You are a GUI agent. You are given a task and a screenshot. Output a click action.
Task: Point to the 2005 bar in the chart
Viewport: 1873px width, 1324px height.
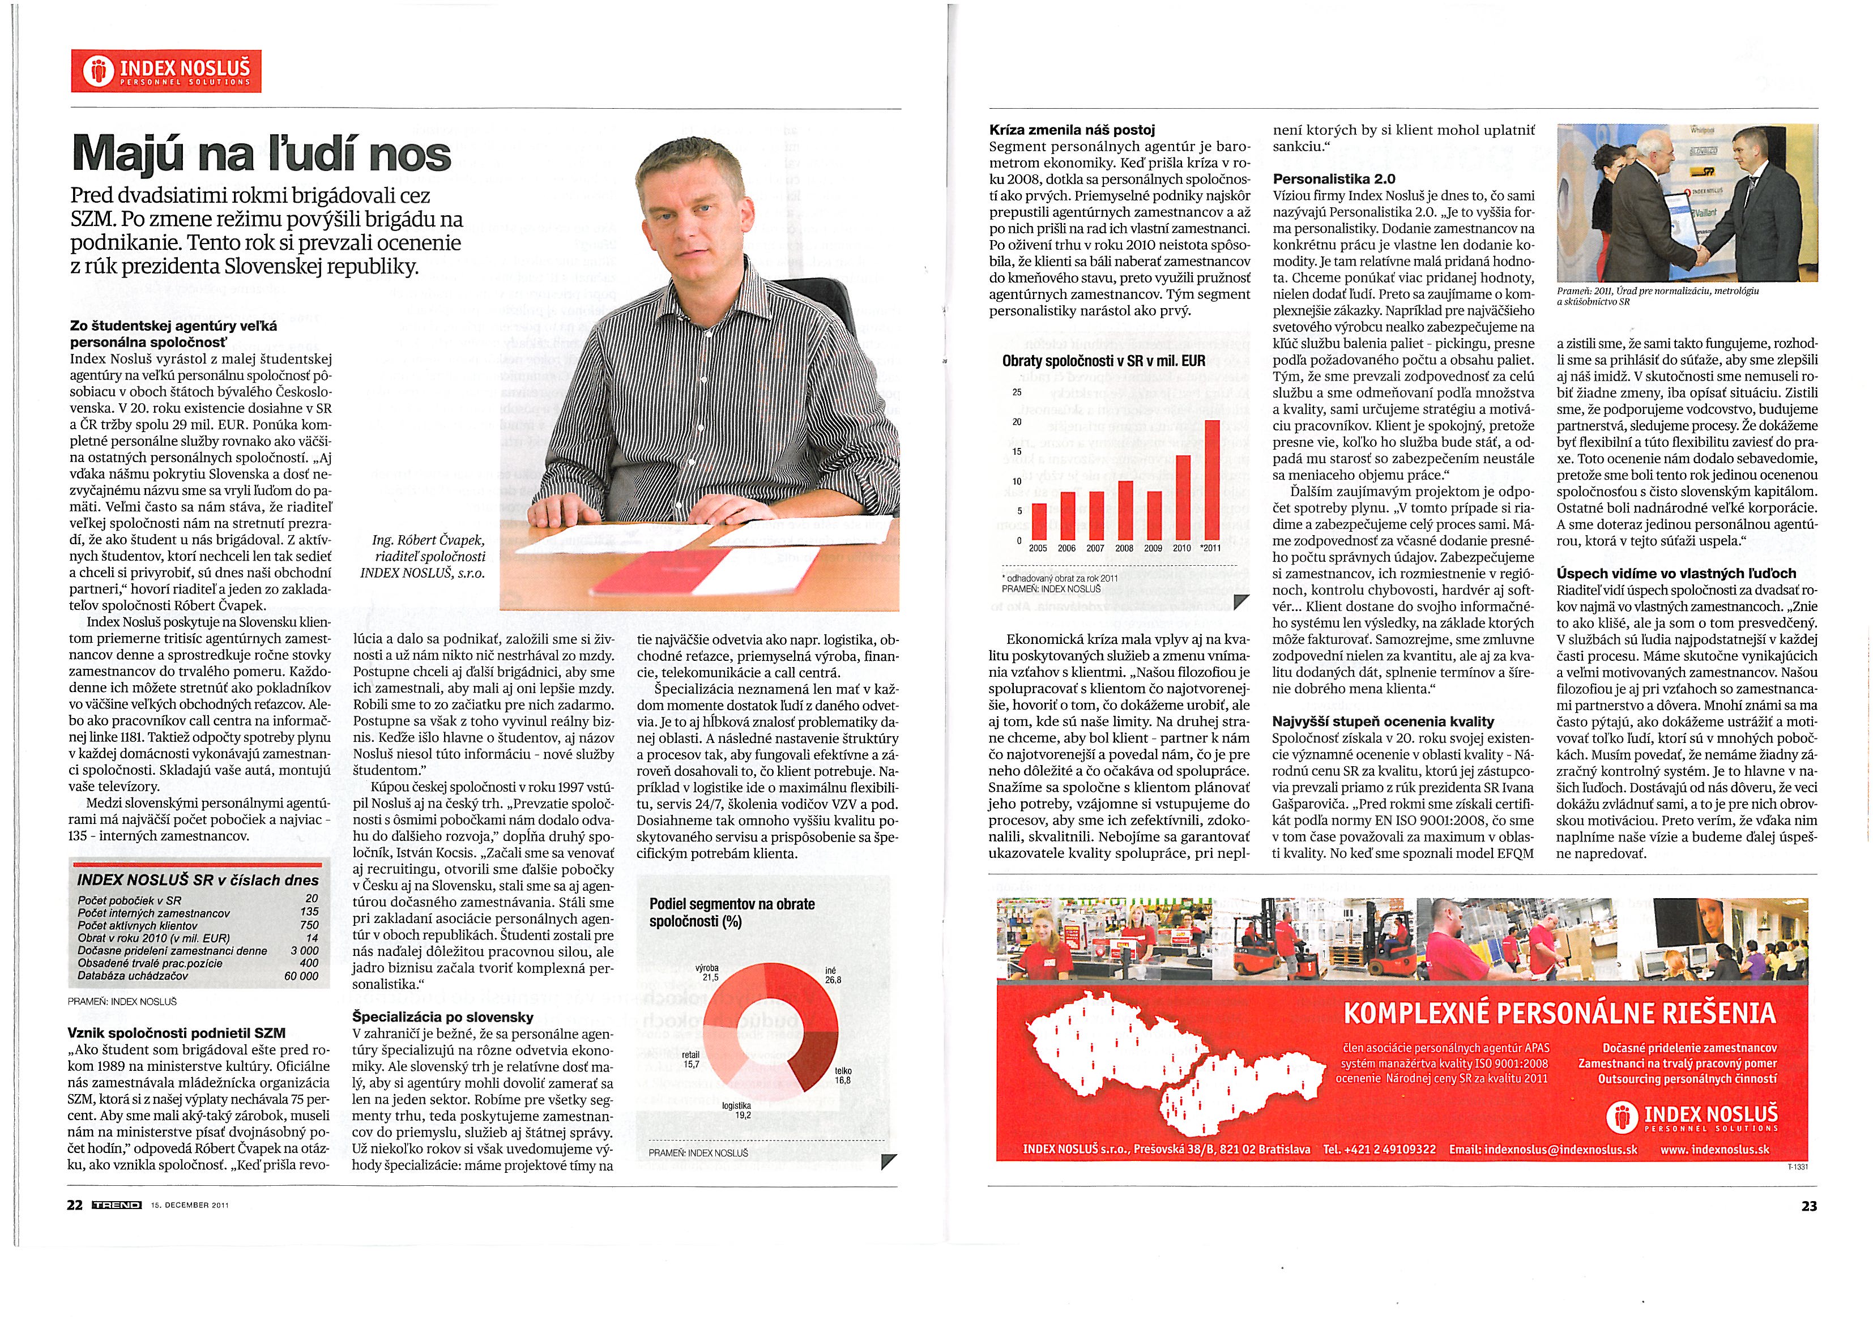(1039, 522)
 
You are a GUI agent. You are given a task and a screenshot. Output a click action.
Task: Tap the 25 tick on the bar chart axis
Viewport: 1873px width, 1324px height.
(1017, 392)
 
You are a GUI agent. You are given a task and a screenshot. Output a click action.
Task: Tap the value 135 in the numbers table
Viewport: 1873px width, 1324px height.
(309, 912)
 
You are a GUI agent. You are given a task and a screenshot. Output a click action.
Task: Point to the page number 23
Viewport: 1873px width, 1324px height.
(1808, 1206)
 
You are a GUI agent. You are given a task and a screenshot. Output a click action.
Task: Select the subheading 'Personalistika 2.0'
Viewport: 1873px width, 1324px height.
(1322, 178)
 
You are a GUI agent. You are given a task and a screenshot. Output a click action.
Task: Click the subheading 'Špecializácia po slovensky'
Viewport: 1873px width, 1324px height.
(442, 1017)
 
